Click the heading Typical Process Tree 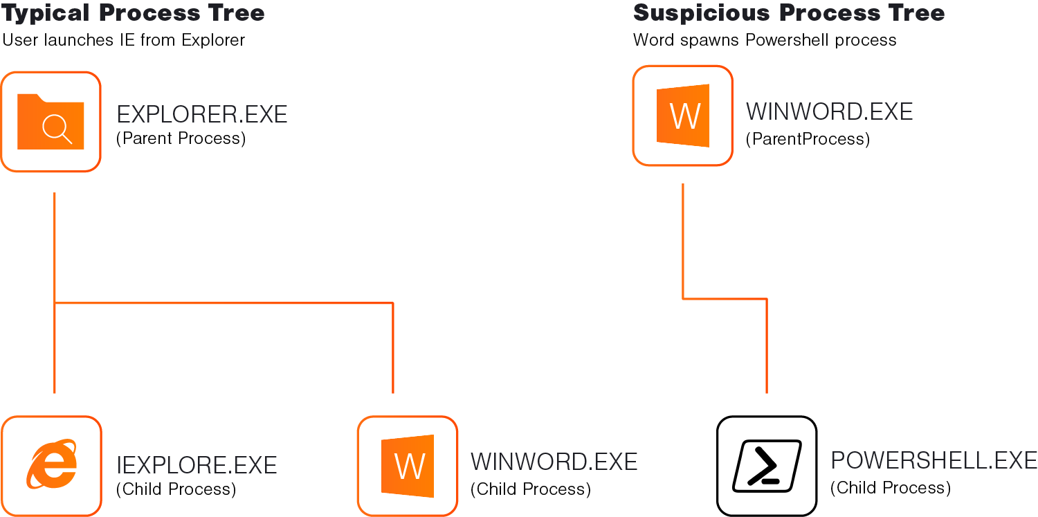tap(134, 12)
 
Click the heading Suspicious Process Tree tap(789, 12)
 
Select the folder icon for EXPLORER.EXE tap(51, 122)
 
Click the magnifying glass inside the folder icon tap(56, 129)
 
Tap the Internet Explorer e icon tap(51, 464)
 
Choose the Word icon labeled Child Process tap(408, 466)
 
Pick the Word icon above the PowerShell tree tap(683, 116)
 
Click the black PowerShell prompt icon tap(767, 465)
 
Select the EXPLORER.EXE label tap(201, 114)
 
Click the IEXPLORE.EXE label tap(197, 465)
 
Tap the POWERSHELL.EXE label tap(934, 461)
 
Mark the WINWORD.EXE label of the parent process tap(829, 111)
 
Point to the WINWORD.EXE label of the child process tap(554, 462)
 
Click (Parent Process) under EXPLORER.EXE tap(181, 138)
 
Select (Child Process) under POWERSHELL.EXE tap(890, 488)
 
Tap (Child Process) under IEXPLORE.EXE tap(176, 489)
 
